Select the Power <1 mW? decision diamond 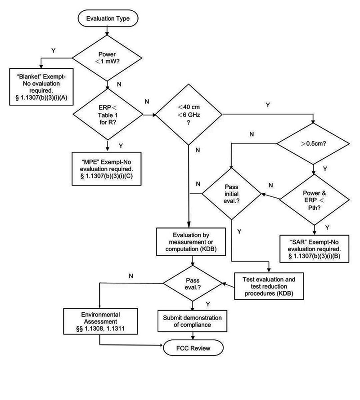[x=107, y=58]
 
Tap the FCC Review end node [x=193, y=347]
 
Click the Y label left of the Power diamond [x=54, y=51]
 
